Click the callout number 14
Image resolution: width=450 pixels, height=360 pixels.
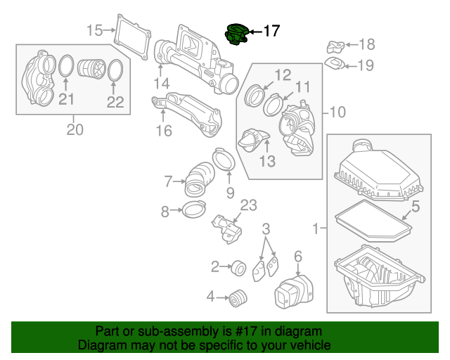(x=161, y=84)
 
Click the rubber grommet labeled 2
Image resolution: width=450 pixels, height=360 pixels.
(x=238, y=267)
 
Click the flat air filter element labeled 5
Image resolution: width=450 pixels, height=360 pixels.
(x=373, y=220)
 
